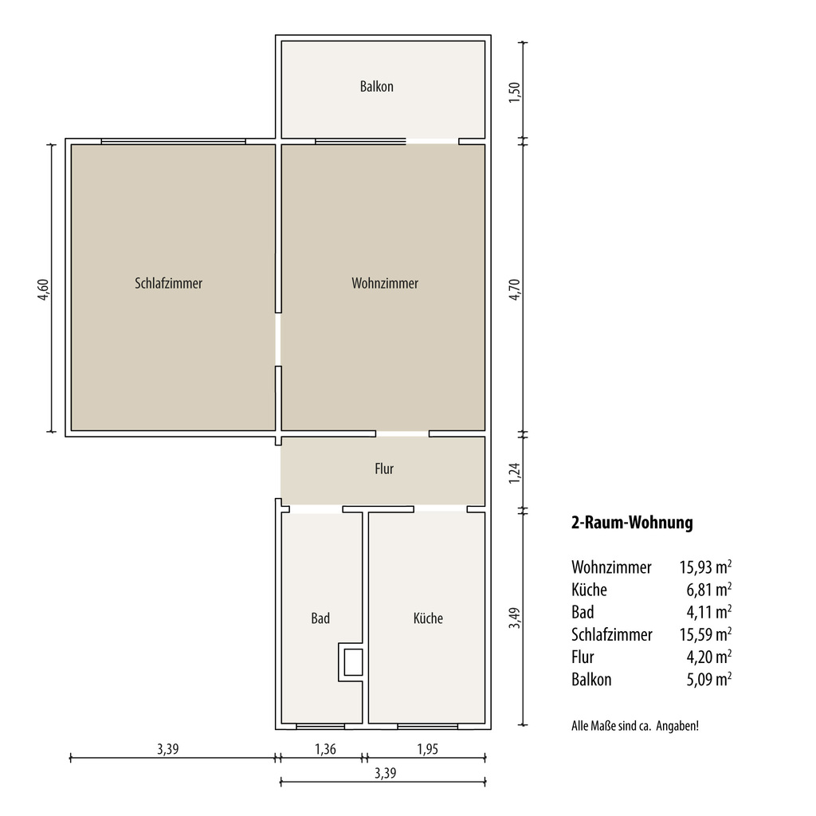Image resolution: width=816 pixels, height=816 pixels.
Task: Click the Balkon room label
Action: click(x=376, y=86)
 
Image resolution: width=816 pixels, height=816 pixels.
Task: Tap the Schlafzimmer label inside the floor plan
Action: click(x=168, y=283)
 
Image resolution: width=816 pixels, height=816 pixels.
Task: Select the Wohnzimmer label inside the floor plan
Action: click(x=385, y=283)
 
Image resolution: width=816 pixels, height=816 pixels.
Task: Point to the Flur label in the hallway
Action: click(x=384, y=469)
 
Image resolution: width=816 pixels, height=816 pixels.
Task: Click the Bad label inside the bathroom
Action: click(x=320, y=618)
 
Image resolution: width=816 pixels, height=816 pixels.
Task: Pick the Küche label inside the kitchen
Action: click(x=428, y=618)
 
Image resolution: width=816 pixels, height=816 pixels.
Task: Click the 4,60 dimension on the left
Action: click(x=43, y=289)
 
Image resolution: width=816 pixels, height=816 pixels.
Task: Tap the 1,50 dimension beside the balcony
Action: click(x=514, y=92)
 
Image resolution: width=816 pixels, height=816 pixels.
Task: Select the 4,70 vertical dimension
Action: click(x=514, y=289)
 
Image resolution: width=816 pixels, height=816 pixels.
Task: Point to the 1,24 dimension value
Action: click(x=514, y=473)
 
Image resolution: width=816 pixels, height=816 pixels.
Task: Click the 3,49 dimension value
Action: click(x=514, y=618)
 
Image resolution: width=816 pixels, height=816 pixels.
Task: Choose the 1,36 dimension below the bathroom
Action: click(x=325, y=749)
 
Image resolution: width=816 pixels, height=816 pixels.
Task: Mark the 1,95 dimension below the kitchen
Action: click(x=427, y=749)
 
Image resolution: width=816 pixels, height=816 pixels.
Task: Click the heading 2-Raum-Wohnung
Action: click(x=632, y=523)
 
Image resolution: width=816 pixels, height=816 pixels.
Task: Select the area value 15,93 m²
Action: click(x=705, y=567)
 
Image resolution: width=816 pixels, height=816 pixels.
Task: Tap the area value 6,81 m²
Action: click(x=708, y=590)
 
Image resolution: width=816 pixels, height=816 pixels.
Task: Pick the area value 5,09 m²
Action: click(x=708, y=680)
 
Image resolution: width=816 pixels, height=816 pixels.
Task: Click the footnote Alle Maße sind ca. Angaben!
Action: click(x=635, y=726)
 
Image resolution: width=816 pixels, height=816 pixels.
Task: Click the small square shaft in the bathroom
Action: click(x=353, y=662)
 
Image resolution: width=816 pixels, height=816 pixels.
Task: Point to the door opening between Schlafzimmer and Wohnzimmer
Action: click(x=278, y=339)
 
